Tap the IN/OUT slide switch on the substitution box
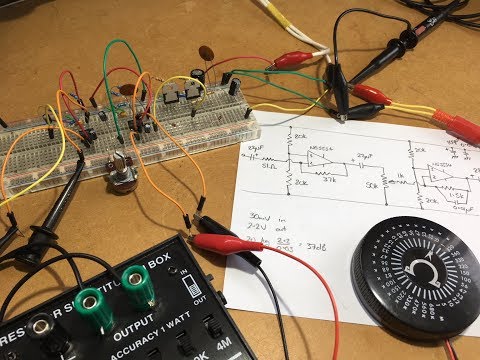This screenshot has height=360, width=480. click(188, 293)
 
